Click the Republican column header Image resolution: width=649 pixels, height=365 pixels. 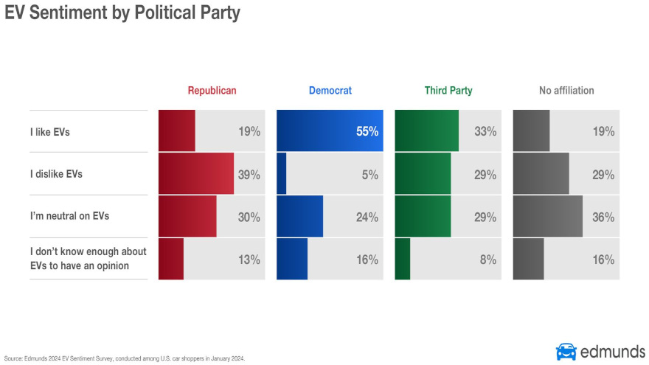(x=212, y=91)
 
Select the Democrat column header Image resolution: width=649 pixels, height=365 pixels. (x=330, y=91)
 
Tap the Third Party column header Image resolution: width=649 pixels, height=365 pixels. (x=448, y=91)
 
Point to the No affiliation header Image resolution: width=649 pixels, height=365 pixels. (x=566, y=91)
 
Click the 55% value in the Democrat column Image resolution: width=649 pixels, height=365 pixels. (x=366, y=132)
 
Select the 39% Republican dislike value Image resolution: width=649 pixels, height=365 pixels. (x=249, y=175)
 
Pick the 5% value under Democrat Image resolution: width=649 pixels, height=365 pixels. (x=369, y=175)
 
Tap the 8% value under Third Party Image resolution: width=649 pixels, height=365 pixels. (x=487, y=260)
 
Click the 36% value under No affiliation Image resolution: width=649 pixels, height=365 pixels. (x=603, y=218)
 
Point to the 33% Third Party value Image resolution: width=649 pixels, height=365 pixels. (x=485, y=132)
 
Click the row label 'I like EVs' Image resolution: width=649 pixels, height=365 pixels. (x=49, y=132)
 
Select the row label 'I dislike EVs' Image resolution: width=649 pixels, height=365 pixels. (x=56, y=175)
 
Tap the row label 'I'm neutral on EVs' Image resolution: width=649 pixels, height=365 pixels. (x=69, y=216)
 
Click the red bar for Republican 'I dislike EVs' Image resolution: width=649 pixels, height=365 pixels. (x=195, y=174)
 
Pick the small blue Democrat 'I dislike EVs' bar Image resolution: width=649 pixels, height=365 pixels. (x=281, y=174)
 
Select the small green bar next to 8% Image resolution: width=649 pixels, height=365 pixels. (x=403, y=259)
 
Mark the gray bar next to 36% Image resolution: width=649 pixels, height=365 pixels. (x=547, y=217)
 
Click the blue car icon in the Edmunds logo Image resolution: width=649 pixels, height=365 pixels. (x=566, y=351)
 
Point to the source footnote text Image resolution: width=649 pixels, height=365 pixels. (x=124, y=359)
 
